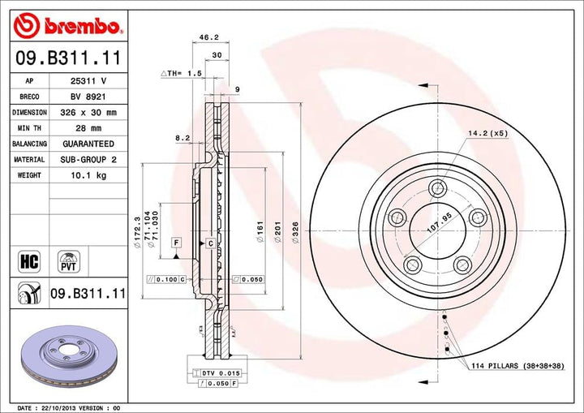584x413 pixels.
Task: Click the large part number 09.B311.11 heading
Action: pyautogui.click(x=67, y=58)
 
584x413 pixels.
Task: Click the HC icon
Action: pyautogui.click(x=28, y=261)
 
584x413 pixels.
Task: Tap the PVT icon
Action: pyautogui.click(x=68, y=260)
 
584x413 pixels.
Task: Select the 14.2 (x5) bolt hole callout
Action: pyautogui.click(x=487, y=133)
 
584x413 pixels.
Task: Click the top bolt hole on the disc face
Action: pyautogui.click(x=438, y=189)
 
